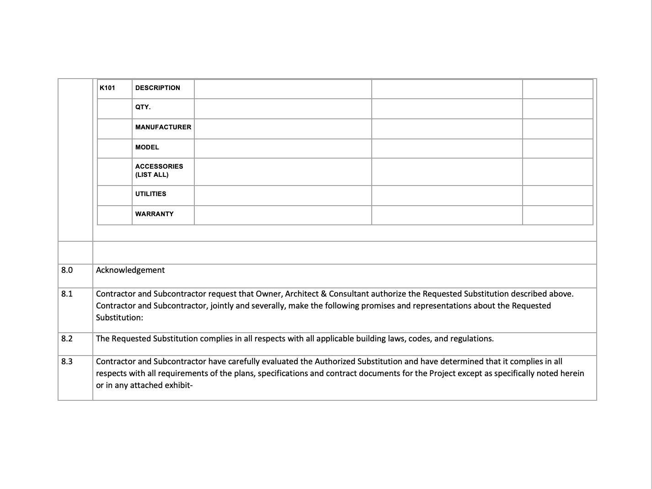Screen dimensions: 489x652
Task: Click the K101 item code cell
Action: pyautogui.click(x=107, y=88)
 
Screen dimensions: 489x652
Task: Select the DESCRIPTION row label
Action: pyautogui.click(x=158, y=88)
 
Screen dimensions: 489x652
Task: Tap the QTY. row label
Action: pyautogui.click(x=143, y=107)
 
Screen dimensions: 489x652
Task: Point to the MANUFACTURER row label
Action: pyautogui.click(x=163, y=127)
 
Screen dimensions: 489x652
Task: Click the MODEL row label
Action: pyautogui.click(x=147, y=147)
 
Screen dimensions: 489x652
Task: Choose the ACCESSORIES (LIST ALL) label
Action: pyautogui.click(x=159, y=170)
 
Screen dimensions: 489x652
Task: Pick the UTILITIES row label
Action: pyautogui.click(x=151, y=194)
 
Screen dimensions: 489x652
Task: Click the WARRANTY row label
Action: pyautogui.click(x=155, y=214)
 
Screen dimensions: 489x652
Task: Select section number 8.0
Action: pyautogui.click(x=67, y=270)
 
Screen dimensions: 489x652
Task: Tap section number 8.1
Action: pyautogui.click(x=67, y=294)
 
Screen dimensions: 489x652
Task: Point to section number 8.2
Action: pyautogui.click(x=67, y=339)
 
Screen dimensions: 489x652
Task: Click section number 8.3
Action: pyautogui.click(x=67, y=361)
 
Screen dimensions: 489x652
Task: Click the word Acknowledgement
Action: pyautogui.click(x=130, y=270)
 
